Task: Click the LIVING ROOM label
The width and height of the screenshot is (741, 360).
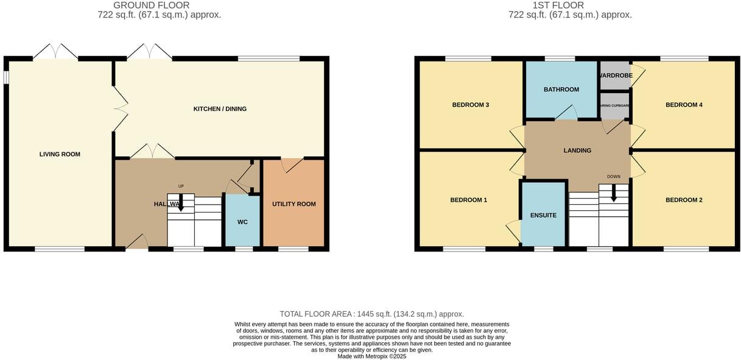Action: (x=60, y=154)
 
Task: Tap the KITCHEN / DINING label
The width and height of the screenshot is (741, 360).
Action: (x=220, y=109)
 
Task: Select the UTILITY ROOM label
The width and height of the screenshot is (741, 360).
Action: (x=293, y=204)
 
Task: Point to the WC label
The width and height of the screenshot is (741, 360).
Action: (x=242, y=222)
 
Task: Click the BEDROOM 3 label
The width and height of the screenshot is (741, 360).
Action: (x=470, y=105)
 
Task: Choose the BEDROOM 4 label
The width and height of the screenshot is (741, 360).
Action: (x=684, y=105)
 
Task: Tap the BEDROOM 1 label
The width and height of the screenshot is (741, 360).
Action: (x=468, y=200)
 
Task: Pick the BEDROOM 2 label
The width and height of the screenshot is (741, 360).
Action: (x=684, y=200)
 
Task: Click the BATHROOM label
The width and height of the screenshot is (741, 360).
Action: (x=561, y=90)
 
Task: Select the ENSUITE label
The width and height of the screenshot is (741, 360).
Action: (x=543, y=215)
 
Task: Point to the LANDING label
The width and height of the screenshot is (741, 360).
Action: (x=577, y=150)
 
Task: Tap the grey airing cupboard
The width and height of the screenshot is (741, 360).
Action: (x=615, y=105)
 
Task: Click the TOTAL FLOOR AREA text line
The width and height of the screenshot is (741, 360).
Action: (x=371, y=314)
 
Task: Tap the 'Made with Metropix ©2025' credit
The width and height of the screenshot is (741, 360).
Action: (x=371, y=356)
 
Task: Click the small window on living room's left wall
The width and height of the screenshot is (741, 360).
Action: (x=6, y=78)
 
